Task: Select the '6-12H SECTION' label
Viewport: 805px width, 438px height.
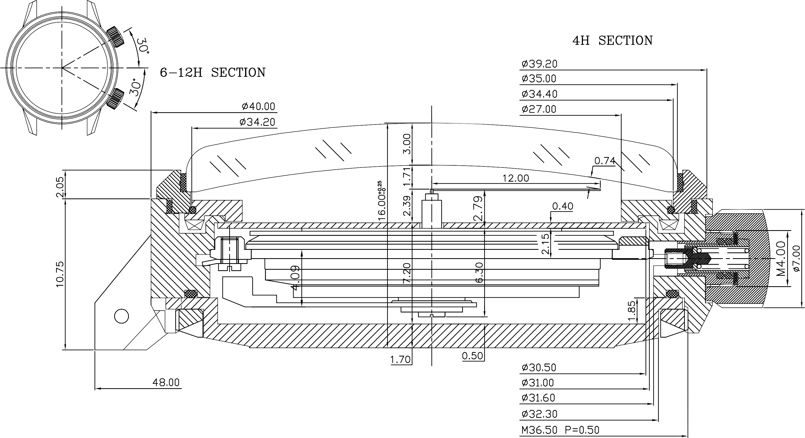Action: click(x=212, y=73)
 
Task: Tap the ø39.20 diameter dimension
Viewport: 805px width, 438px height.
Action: click(x=539, y=64)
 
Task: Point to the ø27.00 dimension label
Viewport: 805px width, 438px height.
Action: click(x=539, y=110)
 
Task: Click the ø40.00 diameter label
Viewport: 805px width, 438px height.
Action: click(x=259, y=107)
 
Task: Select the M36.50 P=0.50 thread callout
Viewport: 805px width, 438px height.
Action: click(x=560, y=430)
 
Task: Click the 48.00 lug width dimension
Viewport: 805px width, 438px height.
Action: click(x=166, y=382)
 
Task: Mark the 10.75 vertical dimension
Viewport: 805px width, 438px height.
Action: click(x=60, y=273)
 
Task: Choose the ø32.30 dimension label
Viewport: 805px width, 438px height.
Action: click(x=539, y=414)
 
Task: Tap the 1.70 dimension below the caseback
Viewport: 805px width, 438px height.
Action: click(x=400, y=360)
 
